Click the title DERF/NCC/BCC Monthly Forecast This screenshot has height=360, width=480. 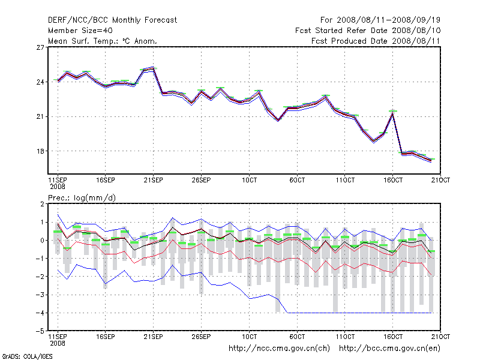pos(112,20)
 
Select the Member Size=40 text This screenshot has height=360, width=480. pos(80,30)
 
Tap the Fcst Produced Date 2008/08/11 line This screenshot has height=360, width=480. pos(376,41)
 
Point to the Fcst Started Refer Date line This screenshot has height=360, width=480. pos(368,30)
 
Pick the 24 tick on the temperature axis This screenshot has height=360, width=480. pos(41,82)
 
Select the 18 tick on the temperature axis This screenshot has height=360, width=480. pos(41,151)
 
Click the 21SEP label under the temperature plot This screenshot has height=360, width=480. pos(153,180)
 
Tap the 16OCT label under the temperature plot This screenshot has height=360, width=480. pos(393,180)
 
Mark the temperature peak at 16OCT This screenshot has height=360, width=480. pos(393,112)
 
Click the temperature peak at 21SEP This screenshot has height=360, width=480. pos(153,69)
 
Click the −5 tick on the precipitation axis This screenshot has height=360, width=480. pos(40,331)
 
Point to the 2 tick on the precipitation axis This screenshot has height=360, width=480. pos(42,204)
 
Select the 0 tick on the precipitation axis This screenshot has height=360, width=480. pos(42,240)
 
